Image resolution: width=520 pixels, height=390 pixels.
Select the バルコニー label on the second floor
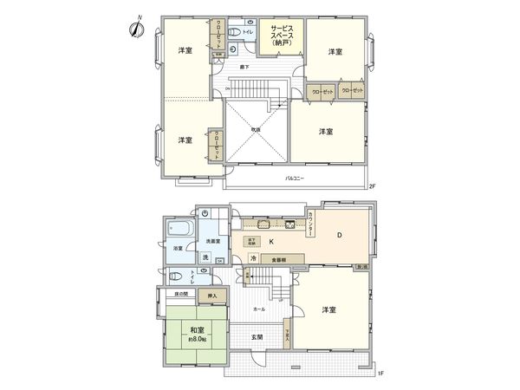coord(294,179)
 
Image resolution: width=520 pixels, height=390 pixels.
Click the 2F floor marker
coord(372,186)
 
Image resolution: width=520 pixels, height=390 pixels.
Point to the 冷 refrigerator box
coord(253,258)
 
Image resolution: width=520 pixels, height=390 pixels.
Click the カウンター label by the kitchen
coord(311,223)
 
